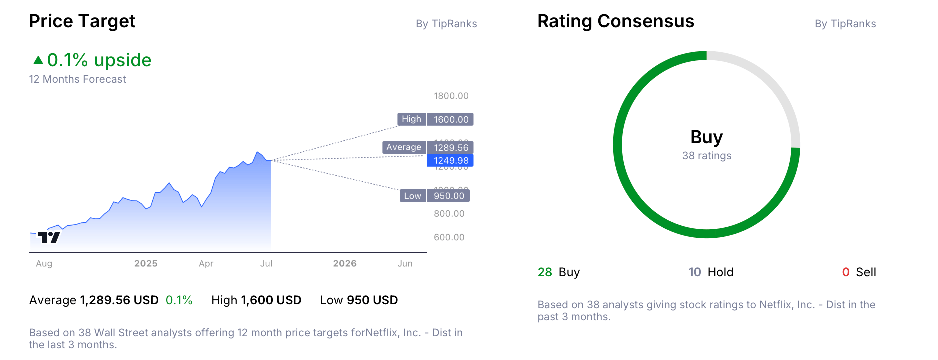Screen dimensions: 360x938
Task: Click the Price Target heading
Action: pos(82,21)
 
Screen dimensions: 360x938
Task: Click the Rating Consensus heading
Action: pos(615,21)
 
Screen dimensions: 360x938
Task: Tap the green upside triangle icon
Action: pos(38,60)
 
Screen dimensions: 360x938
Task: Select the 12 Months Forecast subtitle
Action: pos(77,79)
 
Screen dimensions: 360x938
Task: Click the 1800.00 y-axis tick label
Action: pos(451,96)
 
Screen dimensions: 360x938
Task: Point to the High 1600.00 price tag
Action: pos(435,119)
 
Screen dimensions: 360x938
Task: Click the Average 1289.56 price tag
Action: pos(428,147)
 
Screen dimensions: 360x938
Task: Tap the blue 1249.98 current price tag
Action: pos(450,160)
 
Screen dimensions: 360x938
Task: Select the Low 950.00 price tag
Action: pos(434,196)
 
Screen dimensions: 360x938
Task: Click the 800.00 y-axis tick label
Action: pos(449,214)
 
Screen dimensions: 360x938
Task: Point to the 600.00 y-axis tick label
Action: pos(449,237)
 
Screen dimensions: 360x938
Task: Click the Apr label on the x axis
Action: pos(206,264)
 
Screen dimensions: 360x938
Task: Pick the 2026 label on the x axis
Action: pos(345,264)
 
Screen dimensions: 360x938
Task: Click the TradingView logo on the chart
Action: pos(49,237)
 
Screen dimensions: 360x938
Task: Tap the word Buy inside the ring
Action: pos(706,137)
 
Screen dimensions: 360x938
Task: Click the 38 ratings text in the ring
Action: pos(706,156)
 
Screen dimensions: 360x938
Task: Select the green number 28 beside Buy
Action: pos(545,272)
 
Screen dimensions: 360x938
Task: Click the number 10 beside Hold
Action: pos(695,272)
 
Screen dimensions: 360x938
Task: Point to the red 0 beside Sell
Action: pos(846,272)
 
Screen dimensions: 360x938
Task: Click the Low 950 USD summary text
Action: pos(359,300)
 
